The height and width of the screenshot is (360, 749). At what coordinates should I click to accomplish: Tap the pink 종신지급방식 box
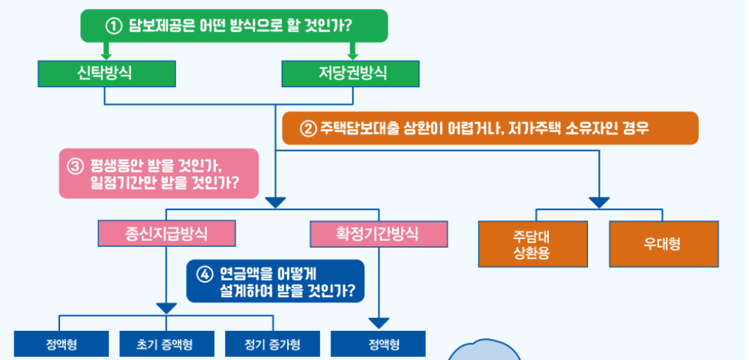tap(166, 232)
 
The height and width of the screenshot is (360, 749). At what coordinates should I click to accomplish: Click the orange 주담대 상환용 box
tap(532, 244)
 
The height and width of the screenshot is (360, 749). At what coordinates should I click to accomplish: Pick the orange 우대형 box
tap(662, 244)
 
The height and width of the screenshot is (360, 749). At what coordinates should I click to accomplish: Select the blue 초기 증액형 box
tap(165, 345)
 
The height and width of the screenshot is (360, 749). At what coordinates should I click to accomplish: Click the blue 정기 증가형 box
tap(272, 345)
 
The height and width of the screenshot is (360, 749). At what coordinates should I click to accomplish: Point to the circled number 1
tap(113, 26)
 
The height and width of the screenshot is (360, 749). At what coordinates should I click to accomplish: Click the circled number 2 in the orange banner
tap(307, 128)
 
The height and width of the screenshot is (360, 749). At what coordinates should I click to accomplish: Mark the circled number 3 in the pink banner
tap(73, 164)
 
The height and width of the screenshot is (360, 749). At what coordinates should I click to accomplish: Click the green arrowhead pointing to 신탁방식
tap(106, 52)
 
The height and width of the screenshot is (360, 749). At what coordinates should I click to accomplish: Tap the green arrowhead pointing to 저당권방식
tap(352, 52)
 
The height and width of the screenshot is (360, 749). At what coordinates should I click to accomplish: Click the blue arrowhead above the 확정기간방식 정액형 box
tap(379, 323)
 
